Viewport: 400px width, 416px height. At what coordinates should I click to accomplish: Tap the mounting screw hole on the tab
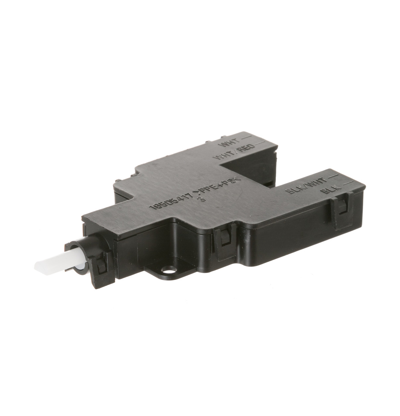coord(168,270)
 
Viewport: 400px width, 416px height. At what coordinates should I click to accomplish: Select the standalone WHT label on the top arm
coord(228,142)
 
